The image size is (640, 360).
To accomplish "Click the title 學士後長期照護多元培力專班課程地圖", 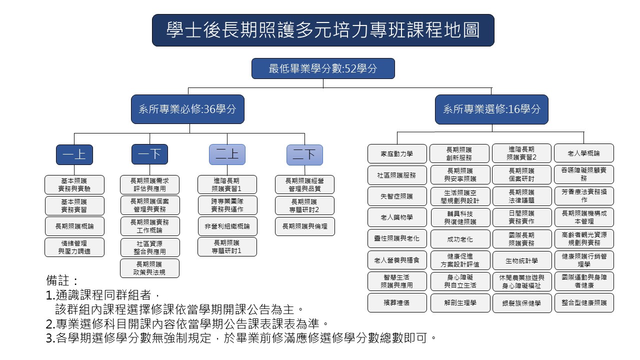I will (323, 30).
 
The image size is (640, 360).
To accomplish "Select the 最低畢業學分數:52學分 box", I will (323, 68).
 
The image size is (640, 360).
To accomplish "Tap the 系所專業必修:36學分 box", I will (187, 109).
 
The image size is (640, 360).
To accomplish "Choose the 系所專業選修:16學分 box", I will (491, 109).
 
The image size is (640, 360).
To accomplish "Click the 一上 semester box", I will (74, 154).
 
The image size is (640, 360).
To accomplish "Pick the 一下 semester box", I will (149, 154).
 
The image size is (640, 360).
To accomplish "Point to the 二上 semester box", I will (227, 154).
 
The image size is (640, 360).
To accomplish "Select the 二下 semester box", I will (304, 154).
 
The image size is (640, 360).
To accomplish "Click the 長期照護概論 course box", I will (74, 226).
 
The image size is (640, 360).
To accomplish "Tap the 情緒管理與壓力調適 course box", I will (74, 247).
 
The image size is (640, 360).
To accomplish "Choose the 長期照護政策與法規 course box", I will (149, 268).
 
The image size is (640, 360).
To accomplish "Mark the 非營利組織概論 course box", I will (227, 226).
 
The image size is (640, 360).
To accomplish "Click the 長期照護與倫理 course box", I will (304, 226).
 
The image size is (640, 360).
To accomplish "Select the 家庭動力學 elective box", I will (397, 153).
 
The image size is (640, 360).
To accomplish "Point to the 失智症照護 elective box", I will (397, 196).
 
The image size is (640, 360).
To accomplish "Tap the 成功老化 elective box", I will (460, 239).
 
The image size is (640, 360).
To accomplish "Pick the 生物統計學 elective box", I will (521, 260).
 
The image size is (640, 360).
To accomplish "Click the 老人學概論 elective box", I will (584, 153).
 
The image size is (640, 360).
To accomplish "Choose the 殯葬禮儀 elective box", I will (397, 303).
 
